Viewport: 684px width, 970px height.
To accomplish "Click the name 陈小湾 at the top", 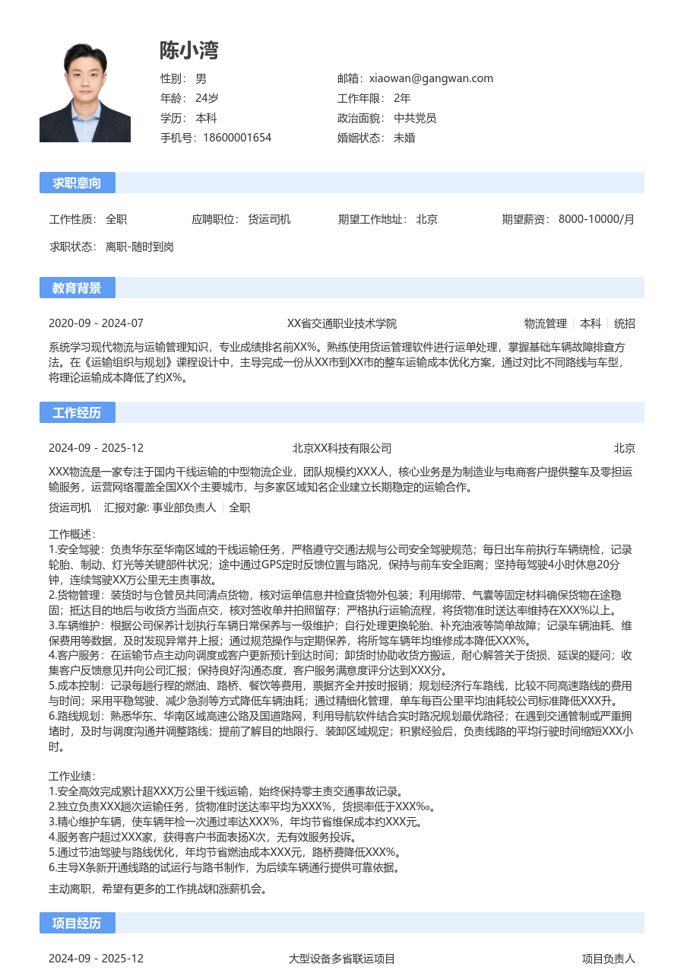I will pyautogui.click(x=188, y=50).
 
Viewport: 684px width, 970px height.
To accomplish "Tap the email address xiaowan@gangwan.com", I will pyautogui.click(x=431, y=78).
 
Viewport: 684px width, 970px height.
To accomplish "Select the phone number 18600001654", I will pyautogui.click(x=237, y=138).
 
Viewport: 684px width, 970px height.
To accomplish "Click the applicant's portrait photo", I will pyautogui.click(x=85, y=92).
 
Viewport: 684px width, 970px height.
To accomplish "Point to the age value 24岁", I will pyautogui.click(x=207, y=98).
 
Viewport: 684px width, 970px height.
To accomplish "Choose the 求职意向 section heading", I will pyautogui.click(x=77, y=183).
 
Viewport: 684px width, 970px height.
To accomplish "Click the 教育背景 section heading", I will pyautogui.click(x=77, y=288).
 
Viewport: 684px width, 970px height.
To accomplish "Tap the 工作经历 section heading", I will pyautogui.click(x=77, y=412).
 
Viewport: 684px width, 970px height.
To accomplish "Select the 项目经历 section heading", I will pyautogui.click(x=77, y=923).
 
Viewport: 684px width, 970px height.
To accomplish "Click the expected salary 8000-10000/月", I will pyautogui.click(x=596, y=220).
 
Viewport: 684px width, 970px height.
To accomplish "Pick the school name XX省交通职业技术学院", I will pyautogui.click(x=342, y=323).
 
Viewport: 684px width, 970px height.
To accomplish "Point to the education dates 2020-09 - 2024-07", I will pyautogui.click(x=96, y=323).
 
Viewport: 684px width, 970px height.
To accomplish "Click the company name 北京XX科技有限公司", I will pyautogui.click(x=342, y=448).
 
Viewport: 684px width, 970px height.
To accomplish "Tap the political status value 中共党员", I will pyautogui.click(x=415, y=118).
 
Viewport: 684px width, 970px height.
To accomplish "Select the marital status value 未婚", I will pyautogui.click(x=404, y=138).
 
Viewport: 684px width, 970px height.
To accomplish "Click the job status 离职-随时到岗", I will pyautogui.click(x=140, y=247).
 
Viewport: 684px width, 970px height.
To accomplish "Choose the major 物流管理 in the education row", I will pyautogui.click(x=546, y=323).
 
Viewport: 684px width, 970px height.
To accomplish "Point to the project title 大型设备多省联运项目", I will pyautogui.click(x=342, y=959).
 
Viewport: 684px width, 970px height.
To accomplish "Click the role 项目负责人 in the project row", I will pyautogui.click(x=608, y=959).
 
